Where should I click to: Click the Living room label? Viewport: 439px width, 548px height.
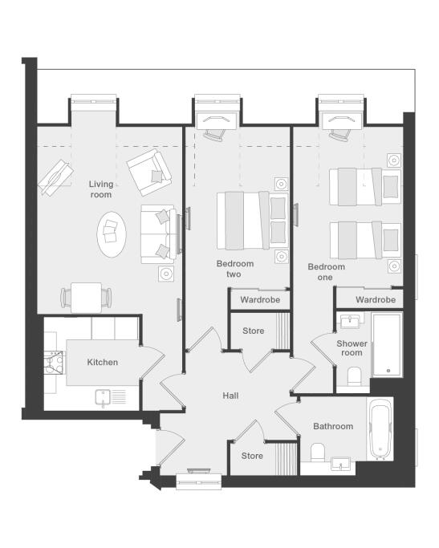tap(101, 189)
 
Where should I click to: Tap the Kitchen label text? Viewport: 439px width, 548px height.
tap(103, 362)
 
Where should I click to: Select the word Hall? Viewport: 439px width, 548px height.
tap(230, 396)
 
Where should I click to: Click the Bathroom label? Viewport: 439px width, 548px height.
tap(333, 426)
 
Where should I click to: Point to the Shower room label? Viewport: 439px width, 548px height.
tap(352, 348)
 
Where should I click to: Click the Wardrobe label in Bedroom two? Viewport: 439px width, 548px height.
tap(260, 299)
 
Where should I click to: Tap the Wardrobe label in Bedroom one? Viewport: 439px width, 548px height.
tap(376, 299)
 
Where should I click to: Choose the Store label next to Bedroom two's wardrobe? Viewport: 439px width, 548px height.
tap(254, 331)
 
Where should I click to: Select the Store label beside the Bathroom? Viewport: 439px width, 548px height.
tap(252, 456)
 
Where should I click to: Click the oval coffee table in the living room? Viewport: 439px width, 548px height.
tap(112, 234)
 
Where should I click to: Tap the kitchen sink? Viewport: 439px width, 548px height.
tap(103, 399)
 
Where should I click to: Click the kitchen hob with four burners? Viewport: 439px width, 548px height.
tap(54, 363)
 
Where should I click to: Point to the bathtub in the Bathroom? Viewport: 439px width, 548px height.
tap(380, 428)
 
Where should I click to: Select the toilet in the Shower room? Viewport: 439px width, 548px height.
tap(354, 375)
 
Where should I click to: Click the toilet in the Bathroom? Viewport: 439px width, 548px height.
tap(318, 453)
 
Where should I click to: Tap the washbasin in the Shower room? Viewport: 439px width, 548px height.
tap(350, 321)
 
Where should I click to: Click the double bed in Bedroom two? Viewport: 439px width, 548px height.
tap(252, 221)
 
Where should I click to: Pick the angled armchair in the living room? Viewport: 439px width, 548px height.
tap(149, 172)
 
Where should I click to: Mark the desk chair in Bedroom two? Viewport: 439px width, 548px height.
tap(214, 135)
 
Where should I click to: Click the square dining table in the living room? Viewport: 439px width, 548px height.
tap(87, 298)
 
